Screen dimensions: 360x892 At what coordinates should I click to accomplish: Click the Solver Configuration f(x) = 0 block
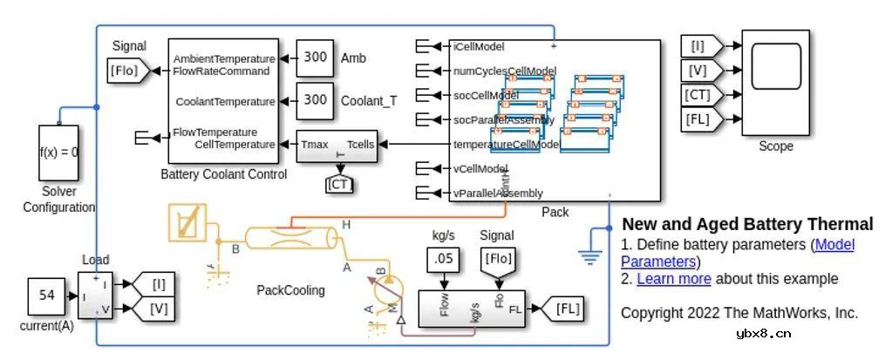58,152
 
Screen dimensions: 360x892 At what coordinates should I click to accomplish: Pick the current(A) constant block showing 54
47,295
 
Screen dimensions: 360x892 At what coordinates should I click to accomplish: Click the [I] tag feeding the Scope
701,45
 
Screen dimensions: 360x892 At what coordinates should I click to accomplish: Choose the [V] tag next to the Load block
157,308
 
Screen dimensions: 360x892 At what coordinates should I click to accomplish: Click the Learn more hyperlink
673,279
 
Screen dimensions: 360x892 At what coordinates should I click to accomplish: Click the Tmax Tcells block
337,146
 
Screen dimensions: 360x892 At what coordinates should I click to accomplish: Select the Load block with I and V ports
95,295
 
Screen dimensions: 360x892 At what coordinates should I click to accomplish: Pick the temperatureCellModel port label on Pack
506,145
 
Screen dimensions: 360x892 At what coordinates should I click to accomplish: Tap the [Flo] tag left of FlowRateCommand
124,71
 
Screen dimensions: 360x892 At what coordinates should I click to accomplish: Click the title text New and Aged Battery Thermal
747,224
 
